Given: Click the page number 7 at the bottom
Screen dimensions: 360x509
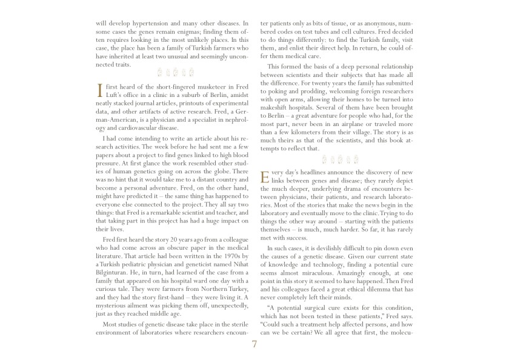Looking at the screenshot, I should pos(254,345).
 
